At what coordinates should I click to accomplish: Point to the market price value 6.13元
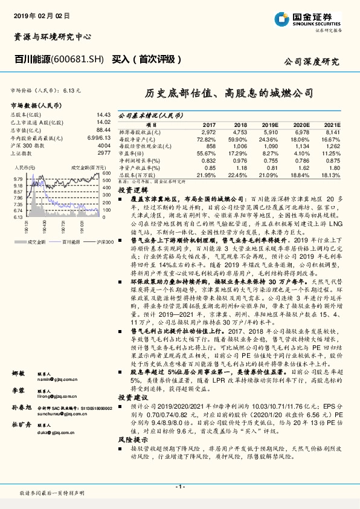pos(71,90)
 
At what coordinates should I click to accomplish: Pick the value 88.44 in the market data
pos(103,129)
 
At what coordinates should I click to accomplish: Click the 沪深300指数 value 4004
pos(104,145)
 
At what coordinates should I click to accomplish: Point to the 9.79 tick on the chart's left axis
pos(18,180)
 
